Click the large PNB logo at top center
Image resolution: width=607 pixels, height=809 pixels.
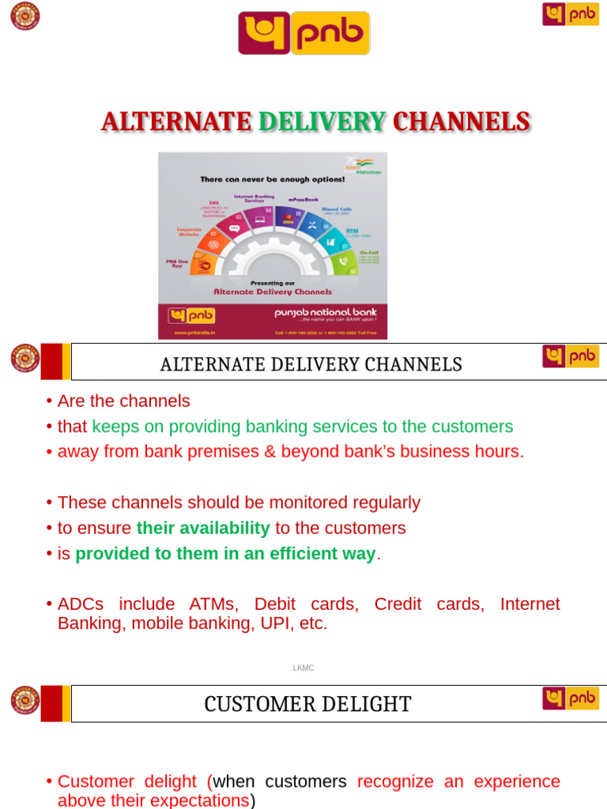[x=303, y=33]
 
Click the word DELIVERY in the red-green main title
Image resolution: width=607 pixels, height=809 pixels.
[x=322, y=122]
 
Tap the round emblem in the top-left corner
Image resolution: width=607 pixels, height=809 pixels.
[x=25, y=16]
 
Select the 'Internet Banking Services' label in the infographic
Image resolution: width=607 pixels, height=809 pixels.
[x=248, y=198]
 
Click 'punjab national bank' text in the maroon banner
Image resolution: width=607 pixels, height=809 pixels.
[x=326, y=312]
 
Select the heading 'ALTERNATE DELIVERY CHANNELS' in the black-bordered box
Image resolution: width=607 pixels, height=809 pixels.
[x=311, y=364]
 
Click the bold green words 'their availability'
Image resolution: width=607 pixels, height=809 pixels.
[x=203, y=528]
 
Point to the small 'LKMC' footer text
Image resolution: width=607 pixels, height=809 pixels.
[x=303, y=668]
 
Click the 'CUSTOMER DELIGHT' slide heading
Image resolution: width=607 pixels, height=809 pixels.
[x=307, y=704]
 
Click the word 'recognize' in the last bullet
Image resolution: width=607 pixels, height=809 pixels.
[x=395, y=781]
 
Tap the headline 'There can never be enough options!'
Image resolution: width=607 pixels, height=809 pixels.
[x=272, y=179]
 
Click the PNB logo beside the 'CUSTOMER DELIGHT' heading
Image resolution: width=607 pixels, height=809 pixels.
[x=570, y=698]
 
